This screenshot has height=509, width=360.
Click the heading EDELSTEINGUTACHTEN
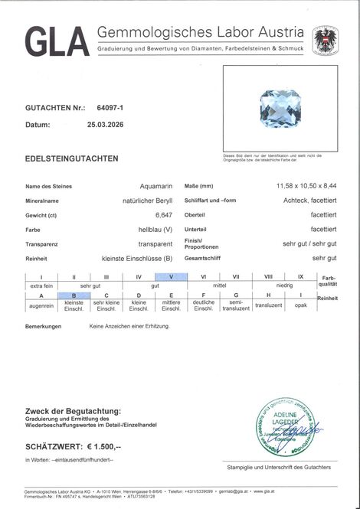coord(72,158)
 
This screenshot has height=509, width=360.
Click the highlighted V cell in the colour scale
coord(170,276)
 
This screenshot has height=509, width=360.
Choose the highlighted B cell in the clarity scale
coord(74,295)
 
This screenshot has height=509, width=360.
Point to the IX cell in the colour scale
coord(300,276)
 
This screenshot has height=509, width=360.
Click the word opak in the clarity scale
coord(300,304)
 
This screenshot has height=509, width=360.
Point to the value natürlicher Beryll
coord(146,201)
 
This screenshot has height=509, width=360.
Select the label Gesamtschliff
coord(225,259)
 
